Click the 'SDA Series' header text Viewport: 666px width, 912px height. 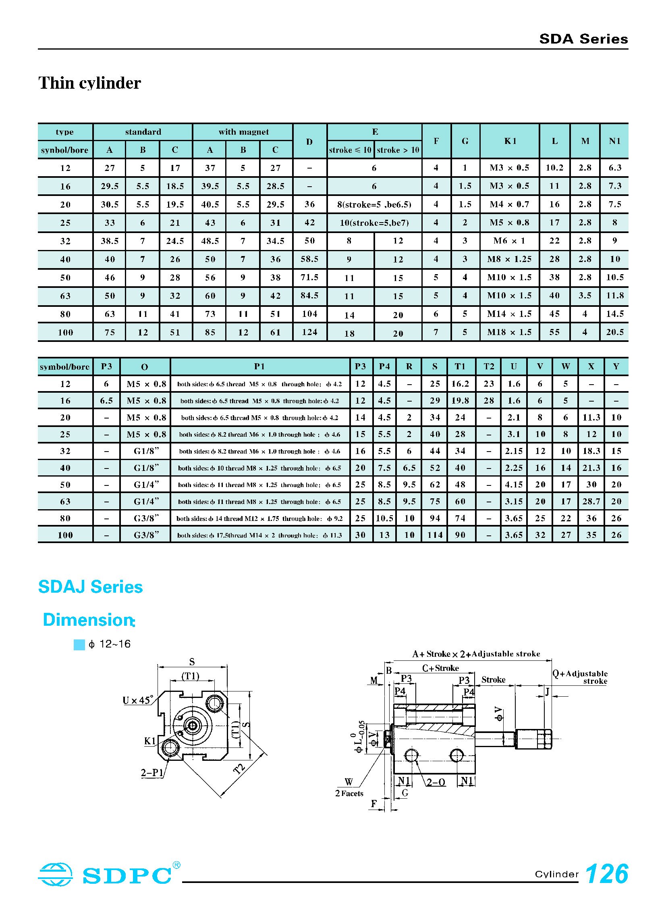tap(583, 39)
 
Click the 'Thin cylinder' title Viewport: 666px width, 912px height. tap(89, 83)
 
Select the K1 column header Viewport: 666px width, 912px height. tap(510, 141)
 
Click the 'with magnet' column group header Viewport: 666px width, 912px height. tap(243, 132)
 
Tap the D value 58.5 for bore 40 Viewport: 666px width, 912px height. tap(309, 259)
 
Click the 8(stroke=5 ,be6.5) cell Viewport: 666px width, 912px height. tap(374, 204)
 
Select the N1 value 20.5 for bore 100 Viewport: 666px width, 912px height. tap(614, 332)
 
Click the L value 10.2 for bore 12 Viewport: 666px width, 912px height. tap(554, 168)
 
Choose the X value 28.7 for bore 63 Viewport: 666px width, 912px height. tap(591, 502)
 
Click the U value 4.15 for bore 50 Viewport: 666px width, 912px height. tap(514, 485)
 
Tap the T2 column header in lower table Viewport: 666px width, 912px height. tap(489, 366)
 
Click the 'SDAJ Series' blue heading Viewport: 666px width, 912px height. tap(90, 587)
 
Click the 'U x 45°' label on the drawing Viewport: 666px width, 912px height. tap(138, 700)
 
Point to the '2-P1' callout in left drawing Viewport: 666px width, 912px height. tap(152, 773)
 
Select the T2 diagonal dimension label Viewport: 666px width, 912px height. tap(239, 768)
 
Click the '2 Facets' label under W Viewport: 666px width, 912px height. tap(349, 793)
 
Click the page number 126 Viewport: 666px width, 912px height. tap(606, 874)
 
